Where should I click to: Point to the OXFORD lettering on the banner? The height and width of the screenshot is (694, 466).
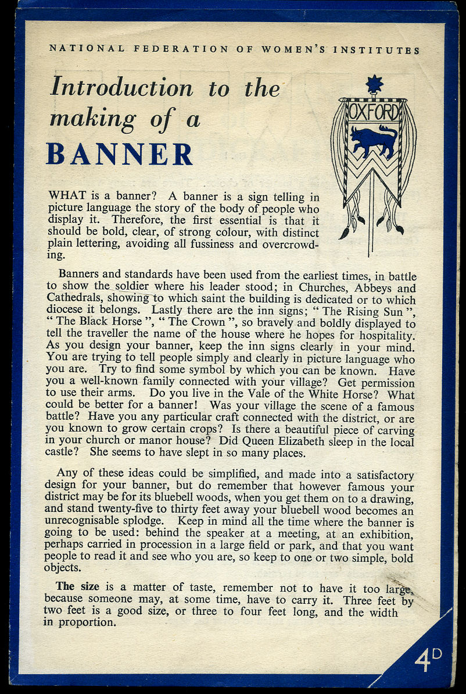(374, 112)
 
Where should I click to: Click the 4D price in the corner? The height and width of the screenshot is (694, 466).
(428, 660)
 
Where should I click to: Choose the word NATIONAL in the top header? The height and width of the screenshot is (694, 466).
(87, 49)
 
